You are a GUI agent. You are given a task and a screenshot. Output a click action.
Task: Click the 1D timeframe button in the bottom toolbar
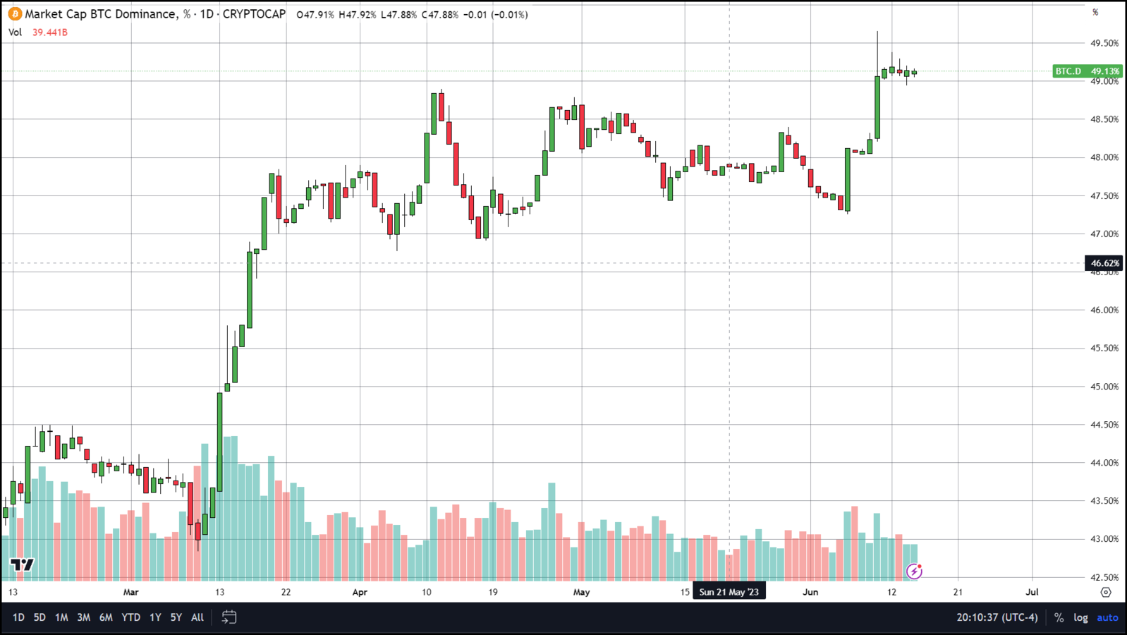pos(18,617)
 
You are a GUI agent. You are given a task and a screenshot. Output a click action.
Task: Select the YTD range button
pos(130,617)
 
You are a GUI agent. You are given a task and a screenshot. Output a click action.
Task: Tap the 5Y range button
pos(176,617)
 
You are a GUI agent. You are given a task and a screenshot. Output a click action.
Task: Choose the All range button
pos(197,617)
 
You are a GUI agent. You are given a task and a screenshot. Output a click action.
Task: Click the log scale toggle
pos(1080,617)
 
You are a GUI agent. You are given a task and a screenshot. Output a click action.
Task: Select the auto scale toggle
pos(1107,617)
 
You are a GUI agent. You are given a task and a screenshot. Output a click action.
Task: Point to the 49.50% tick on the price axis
pos(1104,43)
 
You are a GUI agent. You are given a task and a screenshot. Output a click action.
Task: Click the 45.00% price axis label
pos(1104,387)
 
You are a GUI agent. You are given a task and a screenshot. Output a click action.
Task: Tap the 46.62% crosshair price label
pos(1104,263)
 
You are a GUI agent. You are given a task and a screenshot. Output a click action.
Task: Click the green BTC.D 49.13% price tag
pos(1087,71)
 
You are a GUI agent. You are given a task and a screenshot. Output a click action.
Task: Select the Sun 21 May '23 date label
pos(729,592)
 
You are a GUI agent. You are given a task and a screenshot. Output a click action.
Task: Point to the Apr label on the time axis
pos(360,592)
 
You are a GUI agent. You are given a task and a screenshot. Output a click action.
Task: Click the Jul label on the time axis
pos(1032,592)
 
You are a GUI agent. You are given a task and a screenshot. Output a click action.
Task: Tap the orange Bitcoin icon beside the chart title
pos(15,14)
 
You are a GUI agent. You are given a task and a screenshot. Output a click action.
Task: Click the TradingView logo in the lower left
pos(22,564)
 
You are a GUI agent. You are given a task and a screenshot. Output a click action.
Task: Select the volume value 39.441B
pos(50,32)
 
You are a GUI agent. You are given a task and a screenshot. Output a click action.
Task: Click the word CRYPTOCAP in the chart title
pos(254,14)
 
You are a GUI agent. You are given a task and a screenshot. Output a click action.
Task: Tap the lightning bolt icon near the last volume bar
pos(914,571)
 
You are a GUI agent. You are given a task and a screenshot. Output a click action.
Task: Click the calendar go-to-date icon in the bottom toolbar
pos(229,617)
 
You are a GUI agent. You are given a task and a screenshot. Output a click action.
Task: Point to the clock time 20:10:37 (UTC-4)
pos(997,617)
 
